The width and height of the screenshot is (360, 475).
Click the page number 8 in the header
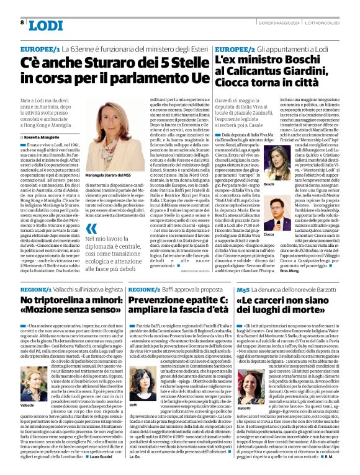pyautogui.click(x=22, y=23)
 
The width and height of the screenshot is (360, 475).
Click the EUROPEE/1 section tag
pyautogui.click(x=40, y=48)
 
